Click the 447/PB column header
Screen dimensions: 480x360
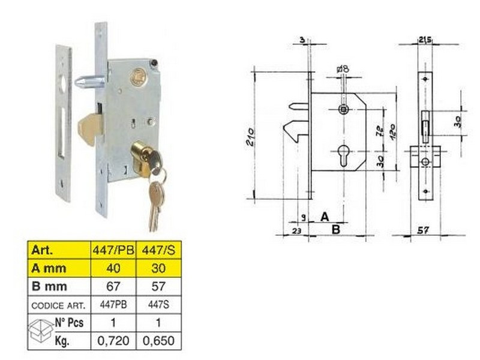click(x=113, y=250)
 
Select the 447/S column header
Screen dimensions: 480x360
click(x=158, y=250)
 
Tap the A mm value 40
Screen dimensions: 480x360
click(x=113, y=268)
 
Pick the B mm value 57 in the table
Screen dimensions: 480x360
click(x=158, y=286)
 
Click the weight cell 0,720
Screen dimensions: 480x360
click(x=113, y=340)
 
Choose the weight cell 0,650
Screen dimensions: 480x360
click(x=158, y=340)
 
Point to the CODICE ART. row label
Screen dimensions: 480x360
click(x=58, y=305)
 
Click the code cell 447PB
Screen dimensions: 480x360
click(x=113, y=305)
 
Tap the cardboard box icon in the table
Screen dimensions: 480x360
click(x=40, y=331)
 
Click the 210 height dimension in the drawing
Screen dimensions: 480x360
click(x=250, y=137)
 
